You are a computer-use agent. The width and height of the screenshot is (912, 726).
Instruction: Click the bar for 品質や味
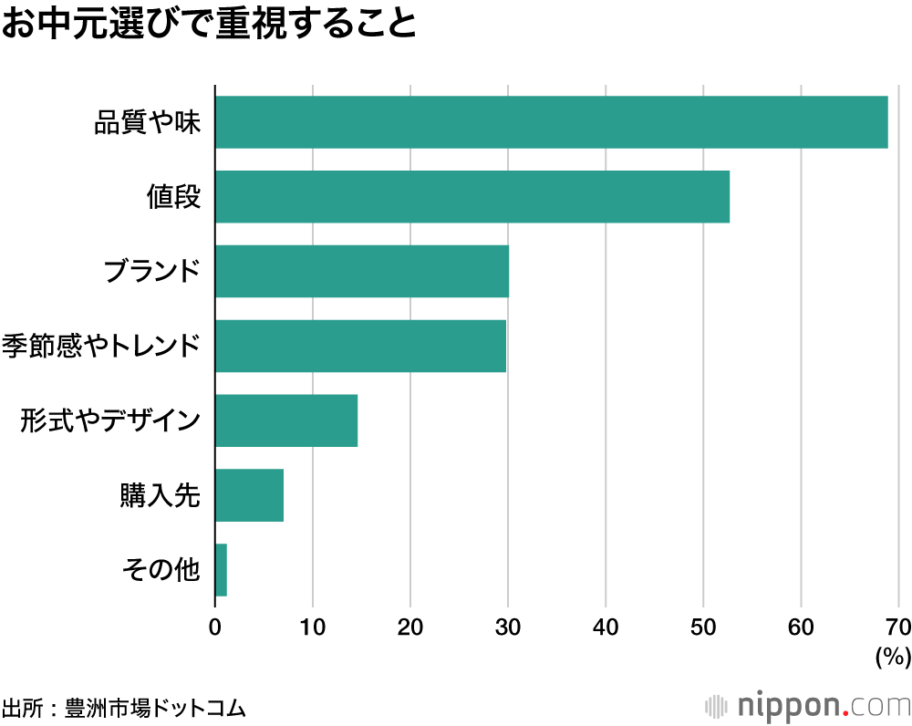(x=551, y=122)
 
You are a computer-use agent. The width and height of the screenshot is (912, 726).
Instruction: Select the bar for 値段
(x=472, y=197)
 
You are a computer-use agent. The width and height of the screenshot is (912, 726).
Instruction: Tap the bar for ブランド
(x=362, y=271)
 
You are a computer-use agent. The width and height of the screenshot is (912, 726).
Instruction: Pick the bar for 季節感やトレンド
(x=360, y=346)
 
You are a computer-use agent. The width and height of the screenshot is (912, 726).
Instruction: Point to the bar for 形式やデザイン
(x=286, y=420)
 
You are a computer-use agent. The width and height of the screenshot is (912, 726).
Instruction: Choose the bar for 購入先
(x=249, y=495)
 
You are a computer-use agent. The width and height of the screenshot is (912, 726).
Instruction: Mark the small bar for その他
(x=221, y=570)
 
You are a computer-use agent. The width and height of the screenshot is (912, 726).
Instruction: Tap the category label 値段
(x=173, y=197)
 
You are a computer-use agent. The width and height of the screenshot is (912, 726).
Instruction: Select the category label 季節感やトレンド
(x=100, y=346)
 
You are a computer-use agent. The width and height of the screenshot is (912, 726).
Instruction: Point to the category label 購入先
(x=161, y=495)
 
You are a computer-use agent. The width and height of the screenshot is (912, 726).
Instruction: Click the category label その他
(x=161, y=570)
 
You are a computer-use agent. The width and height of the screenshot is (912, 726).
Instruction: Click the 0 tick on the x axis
(x=215, y=627)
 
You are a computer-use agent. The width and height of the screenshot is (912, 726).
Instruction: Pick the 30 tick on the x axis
(x=508, y=627)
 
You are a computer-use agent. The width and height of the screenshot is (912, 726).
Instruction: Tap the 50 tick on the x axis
(x=703, y=627)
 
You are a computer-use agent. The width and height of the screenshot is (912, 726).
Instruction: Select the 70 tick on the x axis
(x=898, y=627)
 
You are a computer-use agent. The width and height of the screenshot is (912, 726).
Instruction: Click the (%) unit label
(x=893, y=657)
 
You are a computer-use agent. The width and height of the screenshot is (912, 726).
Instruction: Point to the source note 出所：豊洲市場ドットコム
(x=124, y=708)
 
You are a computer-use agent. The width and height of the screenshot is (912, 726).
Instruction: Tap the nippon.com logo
(x=808, y=706)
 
